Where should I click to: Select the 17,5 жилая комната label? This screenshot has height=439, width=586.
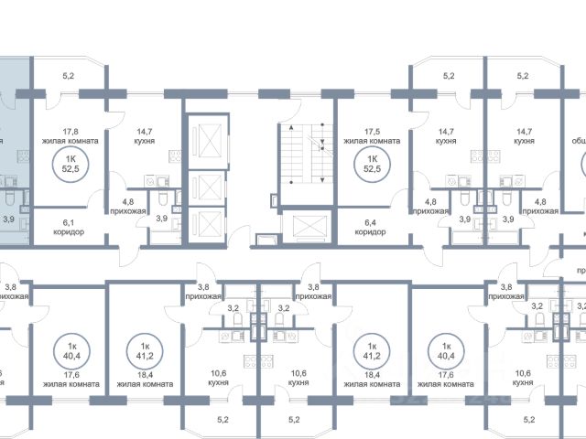pyautogui.click(x=371, y=136)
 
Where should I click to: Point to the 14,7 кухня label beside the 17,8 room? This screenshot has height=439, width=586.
pyautogui.click(x=142, y=136)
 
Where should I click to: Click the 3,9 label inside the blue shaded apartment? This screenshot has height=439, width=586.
pyautogui.click(x=8, y=219)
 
